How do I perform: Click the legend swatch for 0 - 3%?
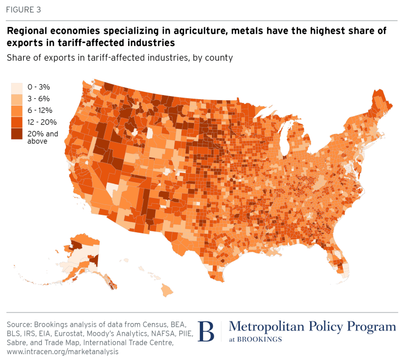(x=18, y=87)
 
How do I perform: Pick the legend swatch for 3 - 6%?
(x=18, y=99)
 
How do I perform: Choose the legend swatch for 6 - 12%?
(x=18, y=110)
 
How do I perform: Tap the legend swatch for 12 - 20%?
(x=18, y=122)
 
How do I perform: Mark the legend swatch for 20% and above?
(x=18, y=134)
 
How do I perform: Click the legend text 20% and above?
(x=43, y=137)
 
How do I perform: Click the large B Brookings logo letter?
(x=207, y=331)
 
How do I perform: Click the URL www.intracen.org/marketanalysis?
(x=63, y=350)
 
